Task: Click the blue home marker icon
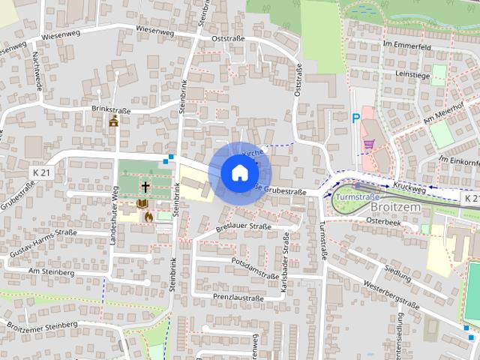pyautogui.click(x=239, y=172)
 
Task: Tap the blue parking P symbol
pyautogui.click(x=356, y=118)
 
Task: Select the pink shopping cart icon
pyautogui.click(x=368, y=143)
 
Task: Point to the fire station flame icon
pyautogui.click(x=148, y=217)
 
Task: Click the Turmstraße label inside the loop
pyautogui.click(x=357, y=197)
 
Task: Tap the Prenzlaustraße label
pyautogui.click(x=238, y=297)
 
